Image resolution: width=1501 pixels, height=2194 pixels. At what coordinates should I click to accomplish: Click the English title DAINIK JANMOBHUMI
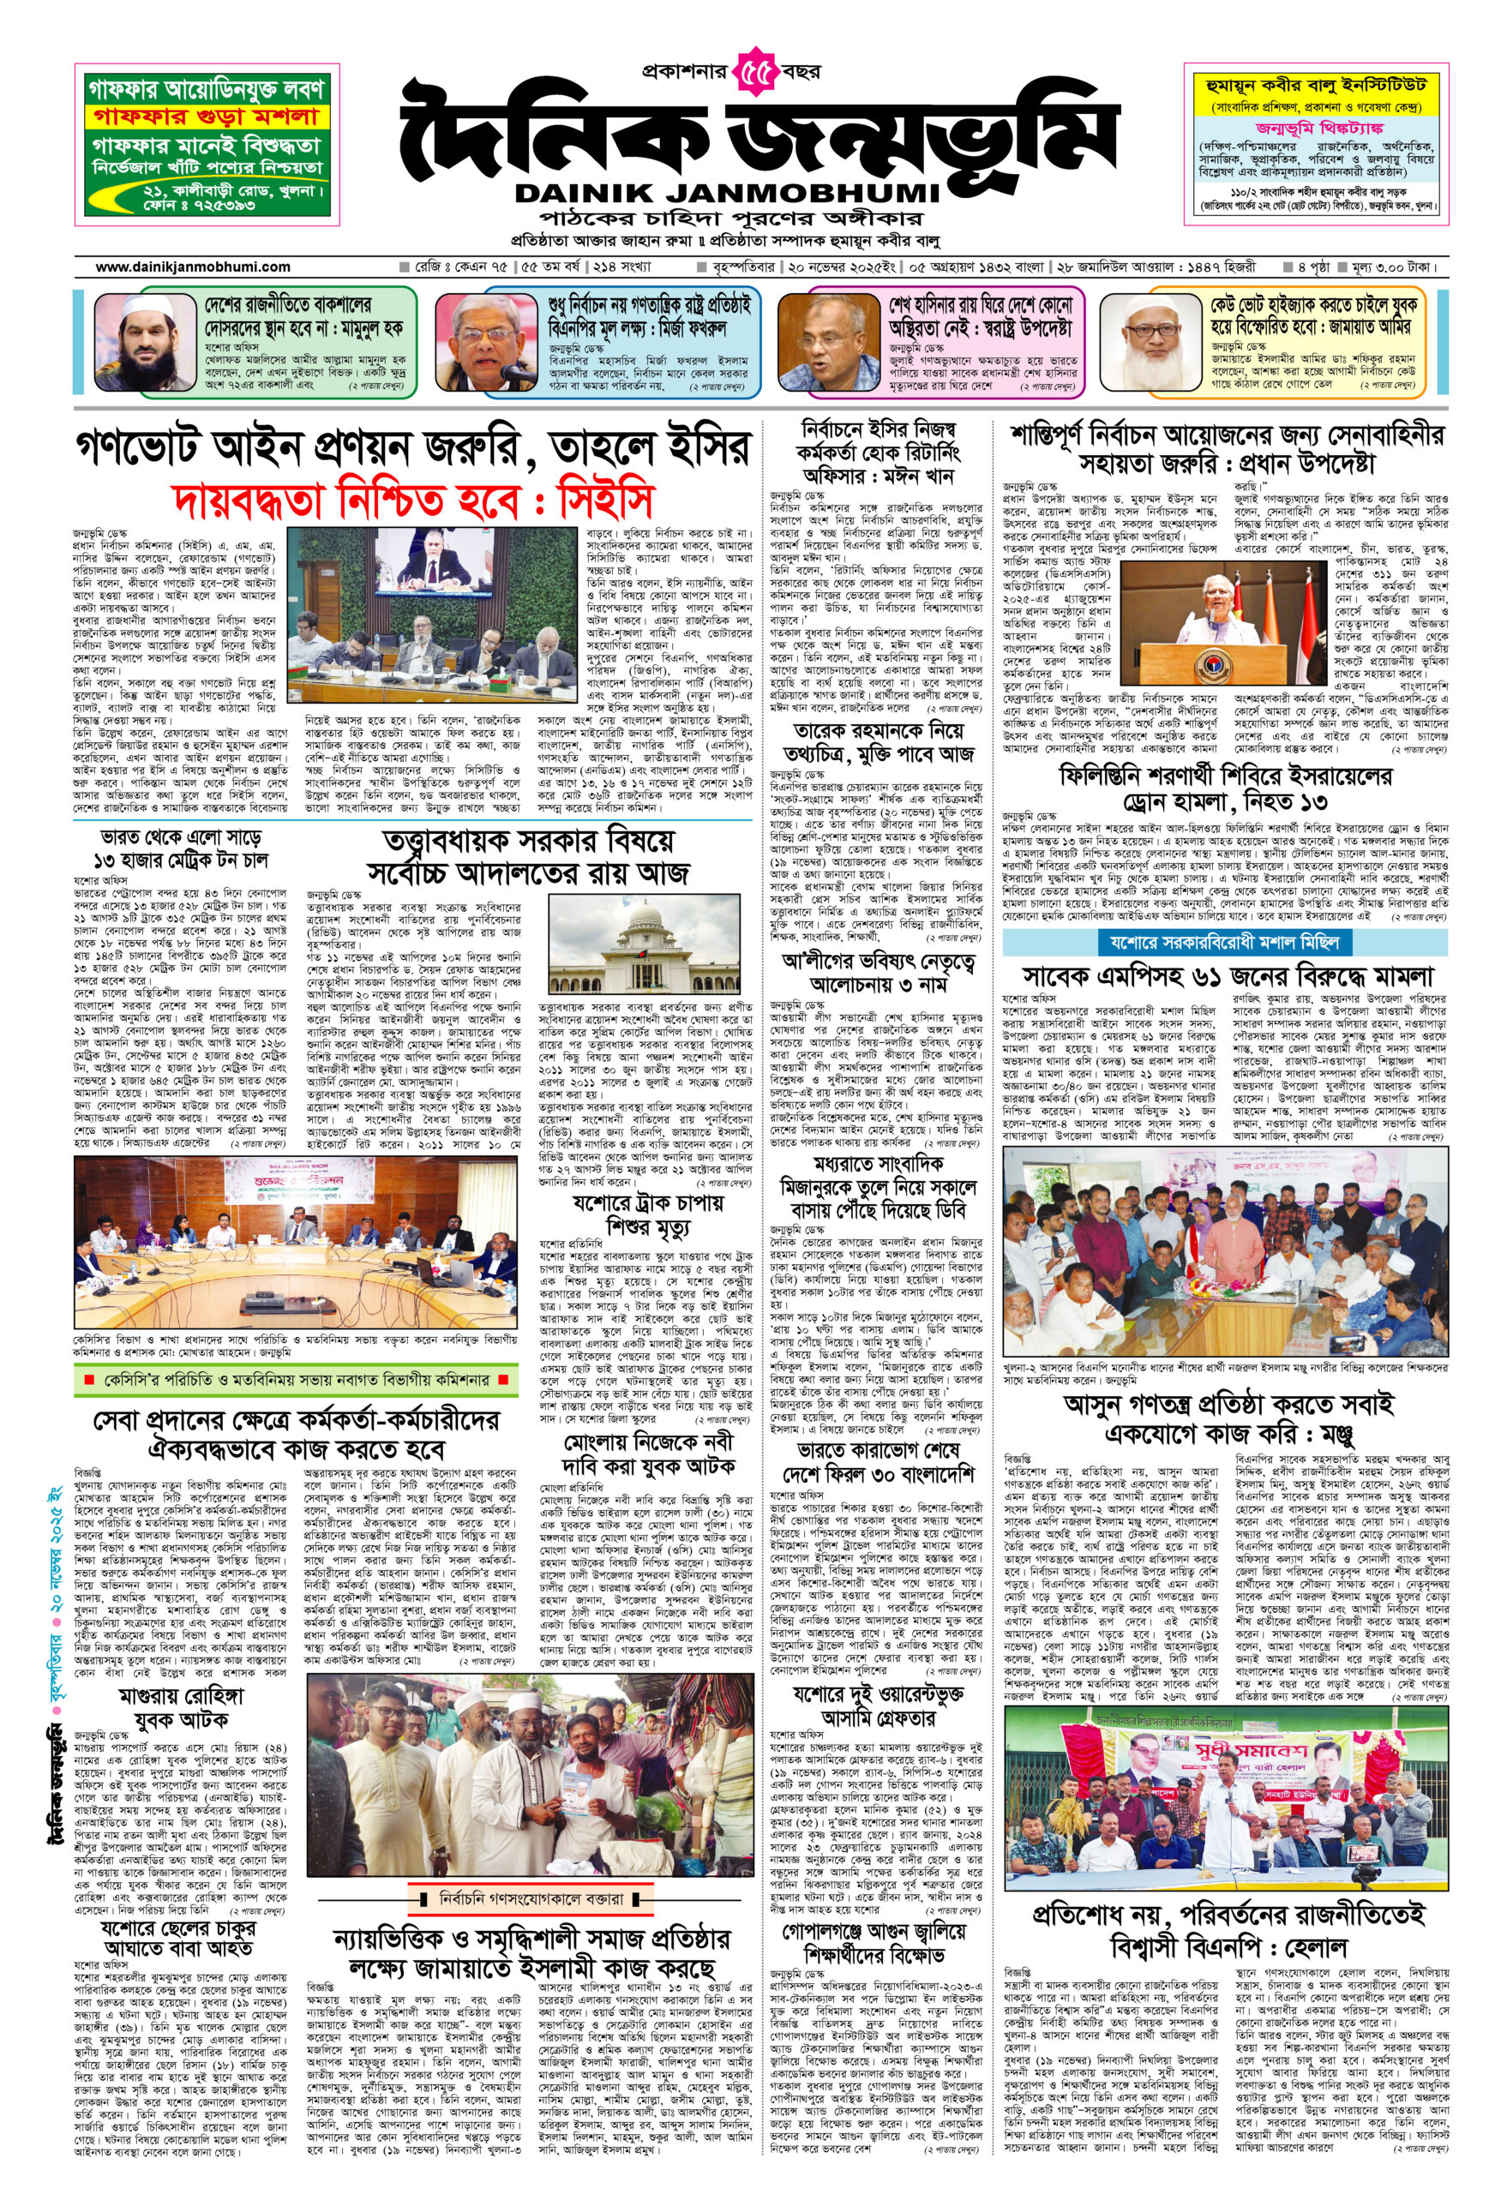[728, 194]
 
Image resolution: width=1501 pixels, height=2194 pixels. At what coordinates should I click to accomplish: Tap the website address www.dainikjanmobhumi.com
[193, 267]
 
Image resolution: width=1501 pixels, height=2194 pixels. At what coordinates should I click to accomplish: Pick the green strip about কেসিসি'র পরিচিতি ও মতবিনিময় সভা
[296, 1380]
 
